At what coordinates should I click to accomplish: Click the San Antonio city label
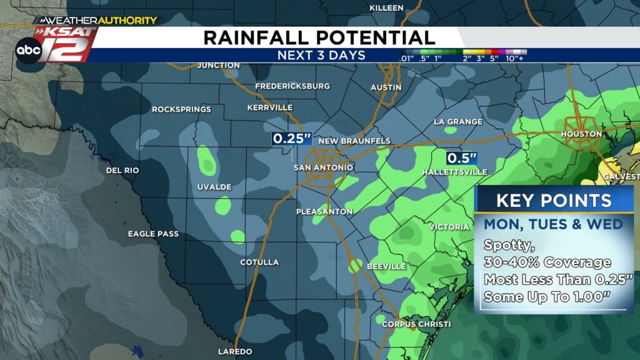[x=323, y=167]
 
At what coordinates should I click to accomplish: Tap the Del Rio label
[x=122, y=170]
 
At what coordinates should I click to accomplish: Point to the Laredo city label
[x=235, y=351]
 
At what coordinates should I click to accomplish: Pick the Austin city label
[x=386, y=87]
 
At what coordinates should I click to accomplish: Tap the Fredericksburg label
[x=292, y=86]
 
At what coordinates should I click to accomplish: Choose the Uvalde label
[x=214, y=187]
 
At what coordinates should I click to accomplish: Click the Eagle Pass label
[x=153, y=234]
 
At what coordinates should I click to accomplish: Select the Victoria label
[x=449, y=227]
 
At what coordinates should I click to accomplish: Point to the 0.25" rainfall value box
[x=291, y=139]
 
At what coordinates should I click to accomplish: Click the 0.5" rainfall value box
[x=462, y=158]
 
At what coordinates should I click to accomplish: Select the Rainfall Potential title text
[x=319, y=37]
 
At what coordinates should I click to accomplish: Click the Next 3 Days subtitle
[x=321, y=55]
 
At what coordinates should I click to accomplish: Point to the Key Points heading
[x=554, y=201]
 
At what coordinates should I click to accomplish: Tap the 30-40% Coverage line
[x=547, y=262]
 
